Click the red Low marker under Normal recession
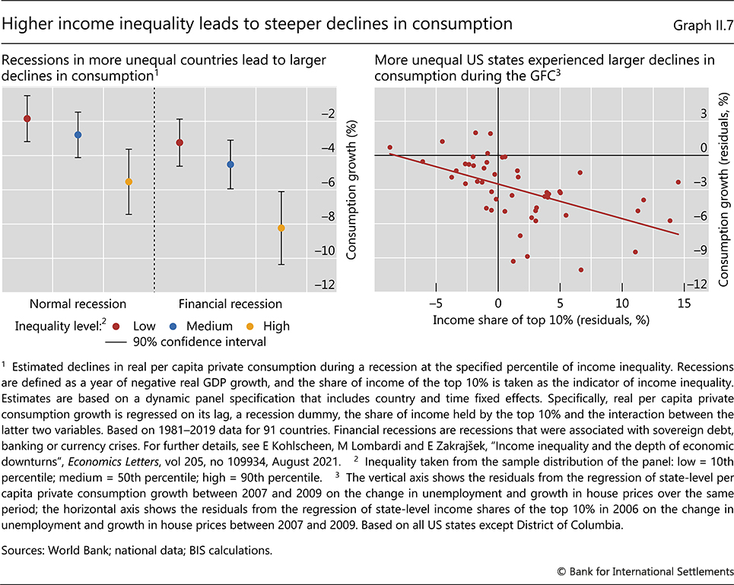pyautogui.click(x=27, y=119)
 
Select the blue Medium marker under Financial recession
pyautogui.click(x=230, y=164)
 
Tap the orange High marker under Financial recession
pyautogui.click(x=281, y=228)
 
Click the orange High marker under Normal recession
pyautogui.click(x=129, y=182)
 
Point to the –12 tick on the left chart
pyautogui.click(x=328, y=285)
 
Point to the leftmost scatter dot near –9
pyautogui.click(x=389, y=148)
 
